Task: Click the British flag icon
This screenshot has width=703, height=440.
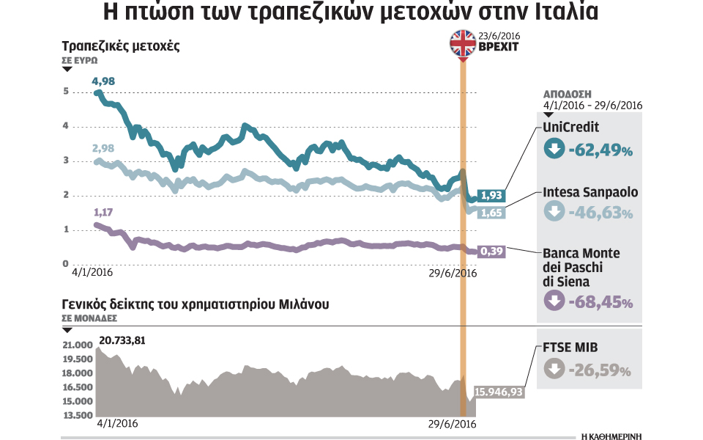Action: click(x=461, y=43)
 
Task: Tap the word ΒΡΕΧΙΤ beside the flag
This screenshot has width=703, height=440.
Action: click(x=498, y=46)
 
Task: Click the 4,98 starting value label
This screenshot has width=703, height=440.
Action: click(x=103, y=80)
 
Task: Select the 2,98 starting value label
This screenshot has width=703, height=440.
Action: click(x=103, y=148)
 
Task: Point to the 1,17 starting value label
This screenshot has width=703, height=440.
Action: click(x=103, y=213)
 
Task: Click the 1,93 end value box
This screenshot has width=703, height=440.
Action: click(x=491, y=195)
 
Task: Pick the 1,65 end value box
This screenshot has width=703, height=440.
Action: click(x=491, y=213)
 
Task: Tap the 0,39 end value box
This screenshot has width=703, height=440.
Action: click(x=491, y=251)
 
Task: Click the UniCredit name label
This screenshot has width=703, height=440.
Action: click(x=571, y=128)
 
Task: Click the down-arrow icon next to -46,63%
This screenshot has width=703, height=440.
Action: click(x=554, y=213)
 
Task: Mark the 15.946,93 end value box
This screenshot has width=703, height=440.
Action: click(x=499, y=392)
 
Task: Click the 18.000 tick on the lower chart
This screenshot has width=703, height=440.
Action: click(x=78, y=373)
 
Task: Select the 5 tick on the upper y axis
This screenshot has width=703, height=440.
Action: click(x=66, y=92)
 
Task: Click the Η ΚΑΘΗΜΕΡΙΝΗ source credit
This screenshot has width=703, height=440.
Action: click(x=611, y=434)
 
